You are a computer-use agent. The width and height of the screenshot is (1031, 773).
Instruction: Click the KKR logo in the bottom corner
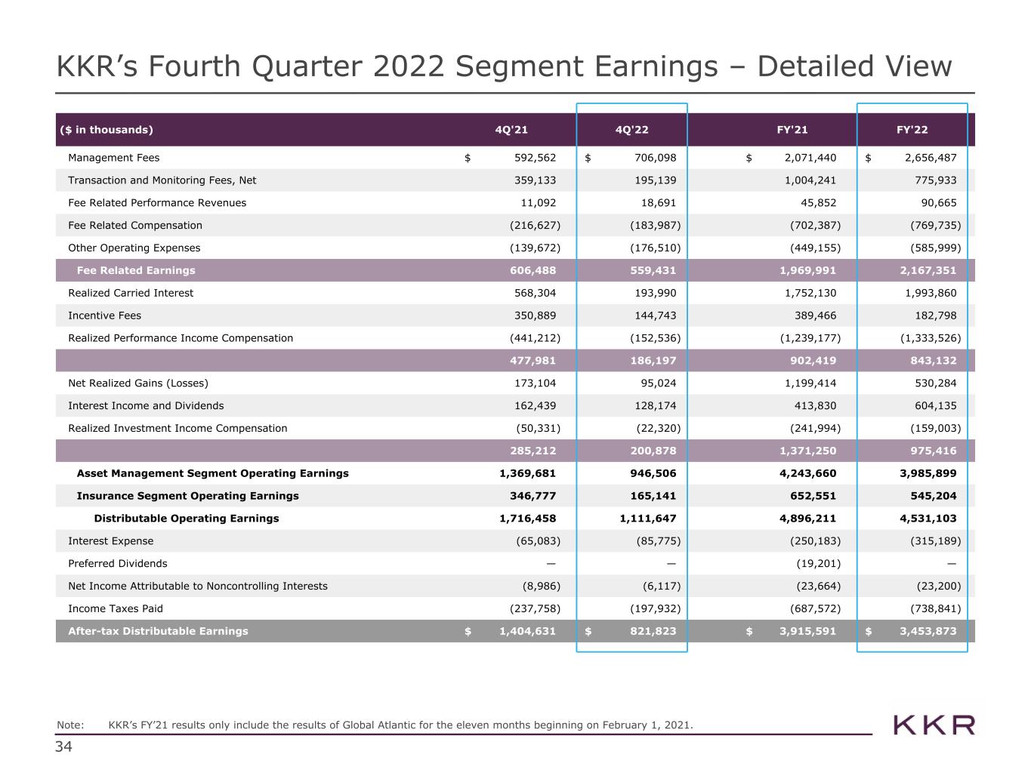click(934, 725)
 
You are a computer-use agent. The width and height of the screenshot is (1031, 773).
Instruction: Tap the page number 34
click(63, 747)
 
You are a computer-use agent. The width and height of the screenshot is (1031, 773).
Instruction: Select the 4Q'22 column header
click(632, 130)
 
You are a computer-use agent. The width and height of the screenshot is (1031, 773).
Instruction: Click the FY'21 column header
click(792, 130)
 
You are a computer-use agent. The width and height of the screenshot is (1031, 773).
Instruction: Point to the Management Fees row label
click(114, 158)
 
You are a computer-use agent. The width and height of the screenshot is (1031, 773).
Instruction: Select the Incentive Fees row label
click(105, 316)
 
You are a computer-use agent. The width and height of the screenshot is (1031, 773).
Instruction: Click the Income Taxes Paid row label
click(116, 608)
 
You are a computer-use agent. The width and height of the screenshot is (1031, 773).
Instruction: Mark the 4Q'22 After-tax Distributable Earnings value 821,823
click(653, 631)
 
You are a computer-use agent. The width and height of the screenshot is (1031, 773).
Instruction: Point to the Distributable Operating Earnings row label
click(187, 519)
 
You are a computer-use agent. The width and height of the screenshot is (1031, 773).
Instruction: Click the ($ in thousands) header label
click(106, 130)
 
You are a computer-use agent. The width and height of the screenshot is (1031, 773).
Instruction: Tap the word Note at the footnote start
click(70, 725)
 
